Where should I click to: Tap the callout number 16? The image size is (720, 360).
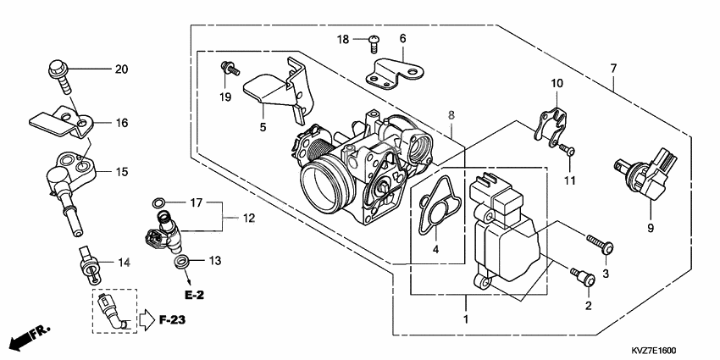(121, 123)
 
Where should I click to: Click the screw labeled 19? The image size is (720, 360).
(227, 66)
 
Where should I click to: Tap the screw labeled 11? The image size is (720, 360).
(568, 150)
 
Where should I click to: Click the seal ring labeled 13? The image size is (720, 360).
(181, 263)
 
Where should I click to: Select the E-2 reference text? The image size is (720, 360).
(195, 296)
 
